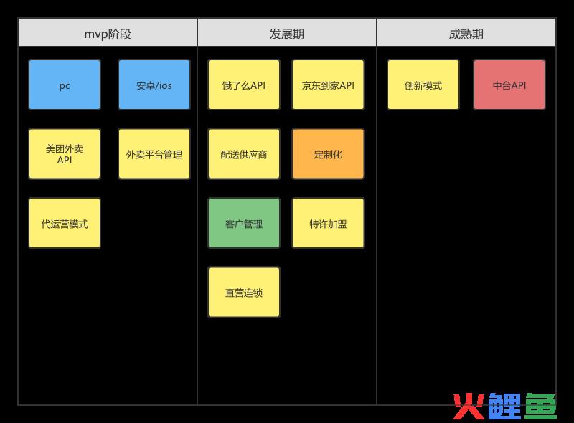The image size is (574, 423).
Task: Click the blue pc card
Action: tap(65, 85)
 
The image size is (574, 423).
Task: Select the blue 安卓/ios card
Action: tap(154, 85)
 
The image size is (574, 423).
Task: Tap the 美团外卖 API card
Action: tap(65, 154)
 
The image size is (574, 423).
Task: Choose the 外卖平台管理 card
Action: tap(154, 154)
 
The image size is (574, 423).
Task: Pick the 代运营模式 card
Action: tap(65, 223)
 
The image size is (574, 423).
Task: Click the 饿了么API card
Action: tap(244, 85)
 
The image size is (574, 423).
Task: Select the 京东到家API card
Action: tap(329, 85)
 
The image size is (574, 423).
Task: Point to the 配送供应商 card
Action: tap(244, 154)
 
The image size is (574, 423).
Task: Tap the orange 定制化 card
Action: tap(329, 154)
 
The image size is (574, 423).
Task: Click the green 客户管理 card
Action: tap(244, 223)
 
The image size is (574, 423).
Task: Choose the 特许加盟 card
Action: tap(329, 223)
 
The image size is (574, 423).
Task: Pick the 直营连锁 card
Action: tap(244, 292)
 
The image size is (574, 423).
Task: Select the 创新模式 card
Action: tap(423, 85)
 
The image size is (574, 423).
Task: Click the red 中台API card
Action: tap(509, 85)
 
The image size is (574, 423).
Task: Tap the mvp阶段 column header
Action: tap(108, 32)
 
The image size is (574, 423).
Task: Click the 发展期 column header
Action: tap(287, 32)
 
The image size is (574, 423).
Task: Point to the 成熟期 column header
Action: tap(466, 32)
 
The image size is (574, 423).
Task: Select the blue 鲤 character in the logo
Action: tap(504, 407)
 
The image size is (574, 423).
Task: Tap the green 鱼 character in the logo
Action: tap(540, 407)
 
